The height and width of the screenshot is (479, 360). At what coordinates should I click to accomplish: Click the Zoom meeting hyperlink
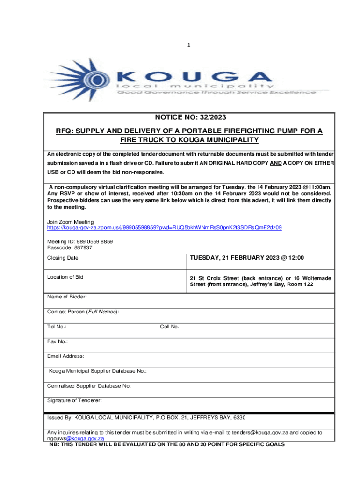point(164,227)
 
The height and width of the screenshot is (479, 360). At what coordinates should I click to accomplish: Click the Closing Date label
point(63,258)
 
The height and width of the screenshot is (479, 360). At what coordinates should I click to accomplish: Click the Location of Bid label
point(65,277)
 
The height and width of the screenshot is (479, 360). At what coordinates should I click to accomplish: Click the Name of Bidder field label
point(66,297)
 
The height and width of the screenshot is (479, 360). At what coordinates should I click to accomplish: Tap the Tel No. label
point(57,327)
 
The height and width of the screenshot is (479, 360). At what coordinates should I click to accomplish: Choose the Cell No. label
point(170,327)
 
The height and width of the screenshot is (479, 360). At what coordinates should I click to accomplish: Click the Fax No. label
point(58,341)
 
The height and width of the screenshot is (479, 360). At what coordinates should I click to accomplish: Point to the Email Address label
point(65,356)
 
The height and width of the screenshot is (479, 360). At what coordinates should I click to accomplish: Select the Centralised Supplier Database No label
point(89,386)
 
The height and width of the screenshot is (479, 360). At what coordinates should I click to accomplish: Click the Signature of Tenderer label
point(74,400)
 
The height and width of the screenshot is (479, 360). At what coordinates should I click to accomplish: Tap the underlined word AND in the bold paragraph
point(276,162)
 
